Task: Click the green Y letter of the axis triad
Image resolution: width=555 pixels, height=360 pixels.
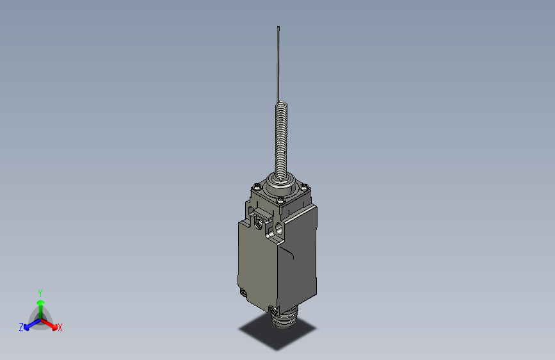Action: pos(40,291)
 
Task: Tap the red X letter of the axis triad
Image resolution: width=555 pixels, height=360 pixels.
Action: pos(60,327)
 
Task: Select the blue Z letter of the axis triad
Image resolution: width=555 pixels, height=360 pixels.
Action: pos(21,327)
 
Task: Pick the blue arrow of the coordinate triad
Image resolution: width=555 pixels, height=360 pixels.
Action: pos(29,324)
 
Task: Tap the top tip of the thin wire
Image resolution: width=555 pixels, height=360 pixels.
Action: pos(278,28)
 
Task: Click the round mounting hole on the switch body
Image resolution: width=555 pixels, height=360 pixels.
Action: pos(279,227)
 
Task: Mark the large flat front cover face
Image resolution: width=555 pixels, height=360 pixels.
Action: pos(256,263)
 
